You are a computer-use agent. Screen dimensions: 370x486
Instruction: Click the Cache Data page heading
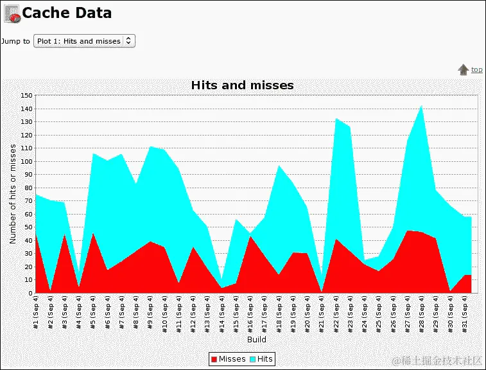point(67,13)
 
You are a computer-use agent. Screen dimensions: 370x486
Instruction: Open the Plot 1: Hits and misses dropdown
point(83,41)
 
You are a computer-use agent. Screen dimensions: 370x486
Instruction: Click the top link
point(477,69)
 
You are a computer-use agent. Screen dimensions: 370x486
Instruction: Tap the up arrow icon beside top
point(463,70)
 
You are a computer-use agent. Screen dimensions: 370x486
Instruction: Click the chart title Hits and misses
point(243,85)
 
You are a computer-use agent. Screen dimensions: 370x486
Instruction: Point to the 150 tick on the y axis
point(26,95)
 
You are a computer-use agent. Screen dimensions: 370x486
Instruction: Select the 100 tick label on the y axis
point(26,161)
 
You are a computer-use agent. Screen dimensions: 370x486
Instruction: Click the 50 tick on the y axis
point(28,227)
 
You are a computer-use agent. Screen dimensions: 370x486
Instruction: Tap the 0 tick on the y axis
point(30,293)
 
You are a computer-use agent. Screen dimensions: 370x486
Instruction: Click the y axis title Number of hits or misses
point(13,193)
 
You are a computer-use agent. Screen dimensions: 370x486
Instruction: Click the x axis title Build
point(257,339)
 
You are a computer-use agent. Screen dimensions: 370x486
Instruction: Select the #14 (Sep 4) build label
point(221,313)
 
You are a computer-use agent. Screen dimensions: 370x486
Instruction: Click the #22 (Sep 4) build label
point(336,313)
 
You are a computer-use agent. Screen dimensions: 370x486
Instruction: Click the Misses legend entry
point(228,359)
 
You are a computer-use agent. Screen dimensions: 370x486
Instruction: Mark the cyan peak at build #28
point(421,106)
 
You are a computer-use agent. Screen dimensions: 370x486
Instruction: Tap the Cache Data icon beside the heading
point(12,13)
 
